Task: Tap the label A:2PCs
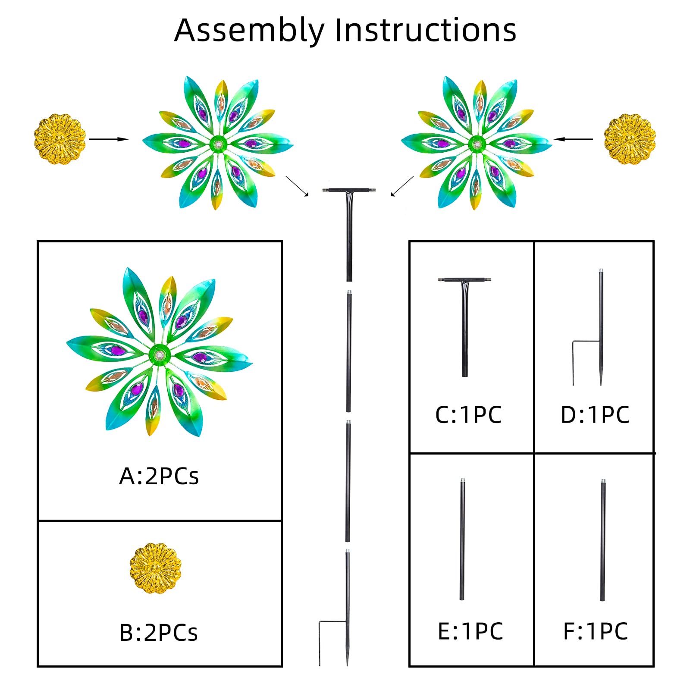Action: tap(159, 477)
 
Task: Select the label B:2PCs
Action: tap(158, 633)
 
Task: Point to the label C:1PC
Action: tap(468, 415)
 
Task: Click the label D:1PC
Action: tap(595, 415)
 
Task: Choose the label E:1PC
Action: tap(470, 631)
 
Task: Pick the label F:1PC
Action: tap(596, 631)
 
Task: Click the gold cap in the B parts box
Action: tap(156, 568)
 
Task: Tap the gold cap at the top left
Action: tap(60, 139)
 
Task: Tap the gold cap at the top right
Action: tap(630, 139)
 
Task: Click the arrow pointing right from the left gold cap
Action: tap(109, 139)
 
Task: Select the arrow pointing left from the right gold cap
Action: tap(573, 139)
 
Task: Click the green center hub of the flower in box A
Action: tap(159, 355)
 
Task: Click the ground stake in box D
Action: tap(601, 328)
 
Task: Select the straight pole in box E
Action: tap(462, 539)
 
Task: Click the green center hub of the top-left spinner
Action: tap(218, 144)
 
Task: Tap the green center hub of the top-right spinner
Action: tap(477, 144)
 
